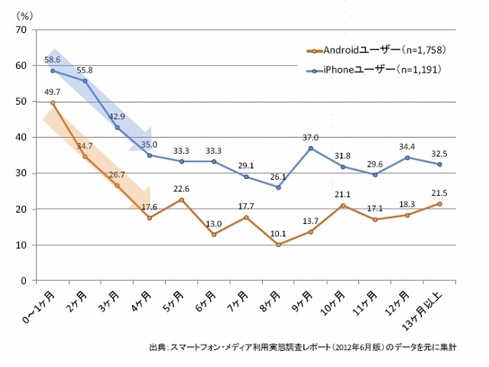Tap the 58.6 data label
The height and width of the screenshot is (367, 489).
point(52,58)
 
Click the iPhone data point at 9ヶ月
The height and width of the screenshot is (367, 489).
point(310,148)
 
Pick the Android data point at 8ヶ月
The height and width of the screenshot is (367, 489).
point(278,245)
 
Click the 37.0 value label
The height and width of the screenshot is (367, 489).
point(310,137)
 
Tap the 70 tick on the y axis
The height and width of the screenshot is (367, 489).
point(21,30)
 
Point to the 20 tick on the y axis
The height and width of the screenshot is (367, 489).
point(21,209)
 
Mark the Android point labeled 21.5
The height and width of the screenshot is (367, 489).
point(439,203)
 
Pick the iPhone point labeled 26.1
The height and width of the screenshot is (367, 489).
point(278,187)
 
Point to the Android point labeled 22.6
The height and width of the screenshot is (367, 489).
point(181,200)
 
